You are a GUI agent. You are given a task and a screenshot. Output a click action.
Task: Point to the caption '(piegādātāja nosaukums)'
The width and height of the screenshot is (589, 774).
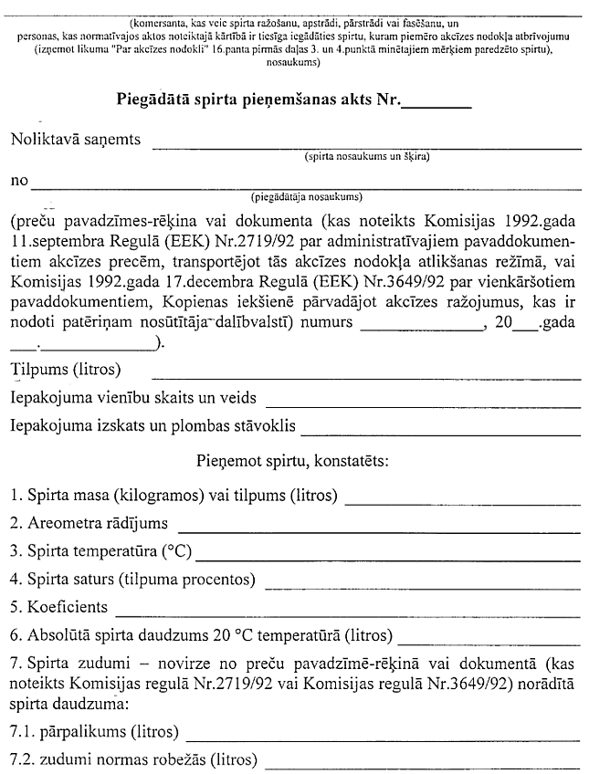305,195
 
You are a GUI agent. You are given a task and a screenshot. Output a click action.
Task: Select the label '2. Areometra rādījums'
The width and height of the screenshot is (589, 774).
89,524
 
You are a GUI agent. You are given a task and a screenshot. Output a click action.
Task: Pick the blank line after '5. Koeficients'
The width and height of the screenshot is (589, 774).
348,611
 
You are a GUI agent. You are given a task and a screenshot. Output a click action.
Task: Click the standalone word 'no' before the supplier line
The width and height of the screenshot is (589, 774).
18,181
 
